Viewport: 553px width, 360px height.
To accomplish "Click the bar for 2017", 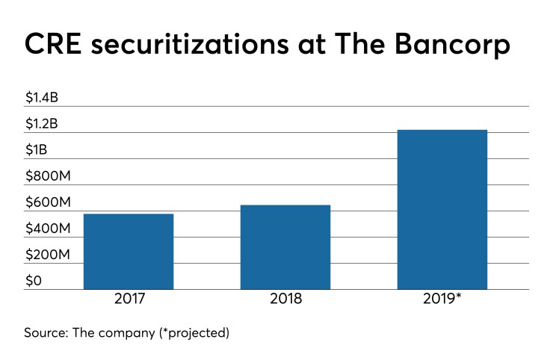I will (x=129, y=251).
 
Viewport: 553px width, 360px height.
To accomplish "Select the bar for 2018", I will (x=285, y=246).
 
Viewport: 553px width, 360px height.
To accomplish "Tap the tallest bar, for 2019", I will (x=442, y=209).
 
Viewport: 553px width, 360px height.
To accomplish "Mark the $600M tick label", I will (x=48, y=202).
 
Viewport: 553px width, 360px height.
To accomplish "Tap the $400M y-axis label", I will (x=48, y=229).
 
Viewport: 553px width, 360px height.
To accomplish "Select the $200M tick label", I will (x=48, y=255).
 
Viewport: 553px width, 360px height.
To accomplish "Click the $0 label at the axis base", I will (x=34, y=281).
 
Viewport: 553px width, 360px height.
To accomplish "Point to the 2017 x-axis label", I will (x=129, y=299).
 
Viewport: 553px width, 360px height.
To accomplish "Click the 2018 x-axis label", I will (x=285, y=299).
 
